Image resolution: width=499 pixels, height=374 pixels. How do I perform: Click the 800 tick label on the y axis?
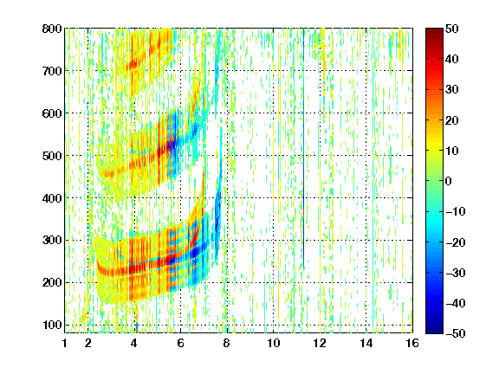tap(52, 29)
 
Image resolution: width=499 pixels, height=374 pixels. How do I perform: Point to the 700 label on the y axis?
tap(52, 71)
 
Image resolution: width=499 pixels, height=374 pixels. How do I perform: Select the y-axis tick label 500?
tap(52, 156)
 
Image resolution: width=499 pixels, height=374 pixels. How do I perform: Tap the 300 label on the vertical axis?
tap(52, 241)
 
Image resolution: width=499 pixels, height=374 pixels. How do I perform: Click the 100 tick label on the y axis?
tap(52, 325)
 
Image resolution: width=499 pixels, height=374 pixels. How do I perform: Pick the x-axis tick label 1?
tap(65, 344)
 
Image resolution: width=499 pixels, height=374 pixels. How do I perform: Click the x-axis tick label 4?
tap(134, 344)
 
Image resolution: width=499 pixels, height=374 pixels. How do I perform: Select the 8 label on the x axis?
tap(227, 344)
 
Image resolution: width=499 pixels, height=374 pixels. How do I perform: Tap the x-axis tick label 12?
tap(320, 344)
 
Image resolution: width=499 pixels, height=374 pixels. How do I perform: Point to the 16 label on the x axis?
tap(412, 344)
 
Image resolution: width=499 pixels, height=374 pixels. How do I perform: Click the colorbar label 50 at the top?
tap(451, 29)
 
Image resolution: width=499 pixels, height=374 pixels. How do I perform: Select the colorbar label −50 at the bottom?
tap(456, 333)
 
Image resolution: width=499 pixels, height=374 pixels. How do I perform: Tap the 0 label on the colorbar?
tap(449, 181)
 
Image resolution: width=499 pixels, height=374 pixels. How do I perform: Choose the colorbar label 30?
tap(451, 90)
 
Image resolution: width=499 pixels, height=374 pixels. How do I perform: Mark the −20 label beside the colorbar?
tap(456, 242)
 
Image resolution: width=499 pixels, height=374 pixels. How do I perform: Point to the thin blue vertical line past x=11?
tap(303, 150)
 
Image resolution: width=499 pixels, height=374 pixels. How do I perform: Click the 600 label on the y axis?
tap(52, 113)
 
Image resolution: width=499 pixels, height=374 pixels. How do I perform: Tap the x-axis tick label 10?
tap(273, 344)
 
